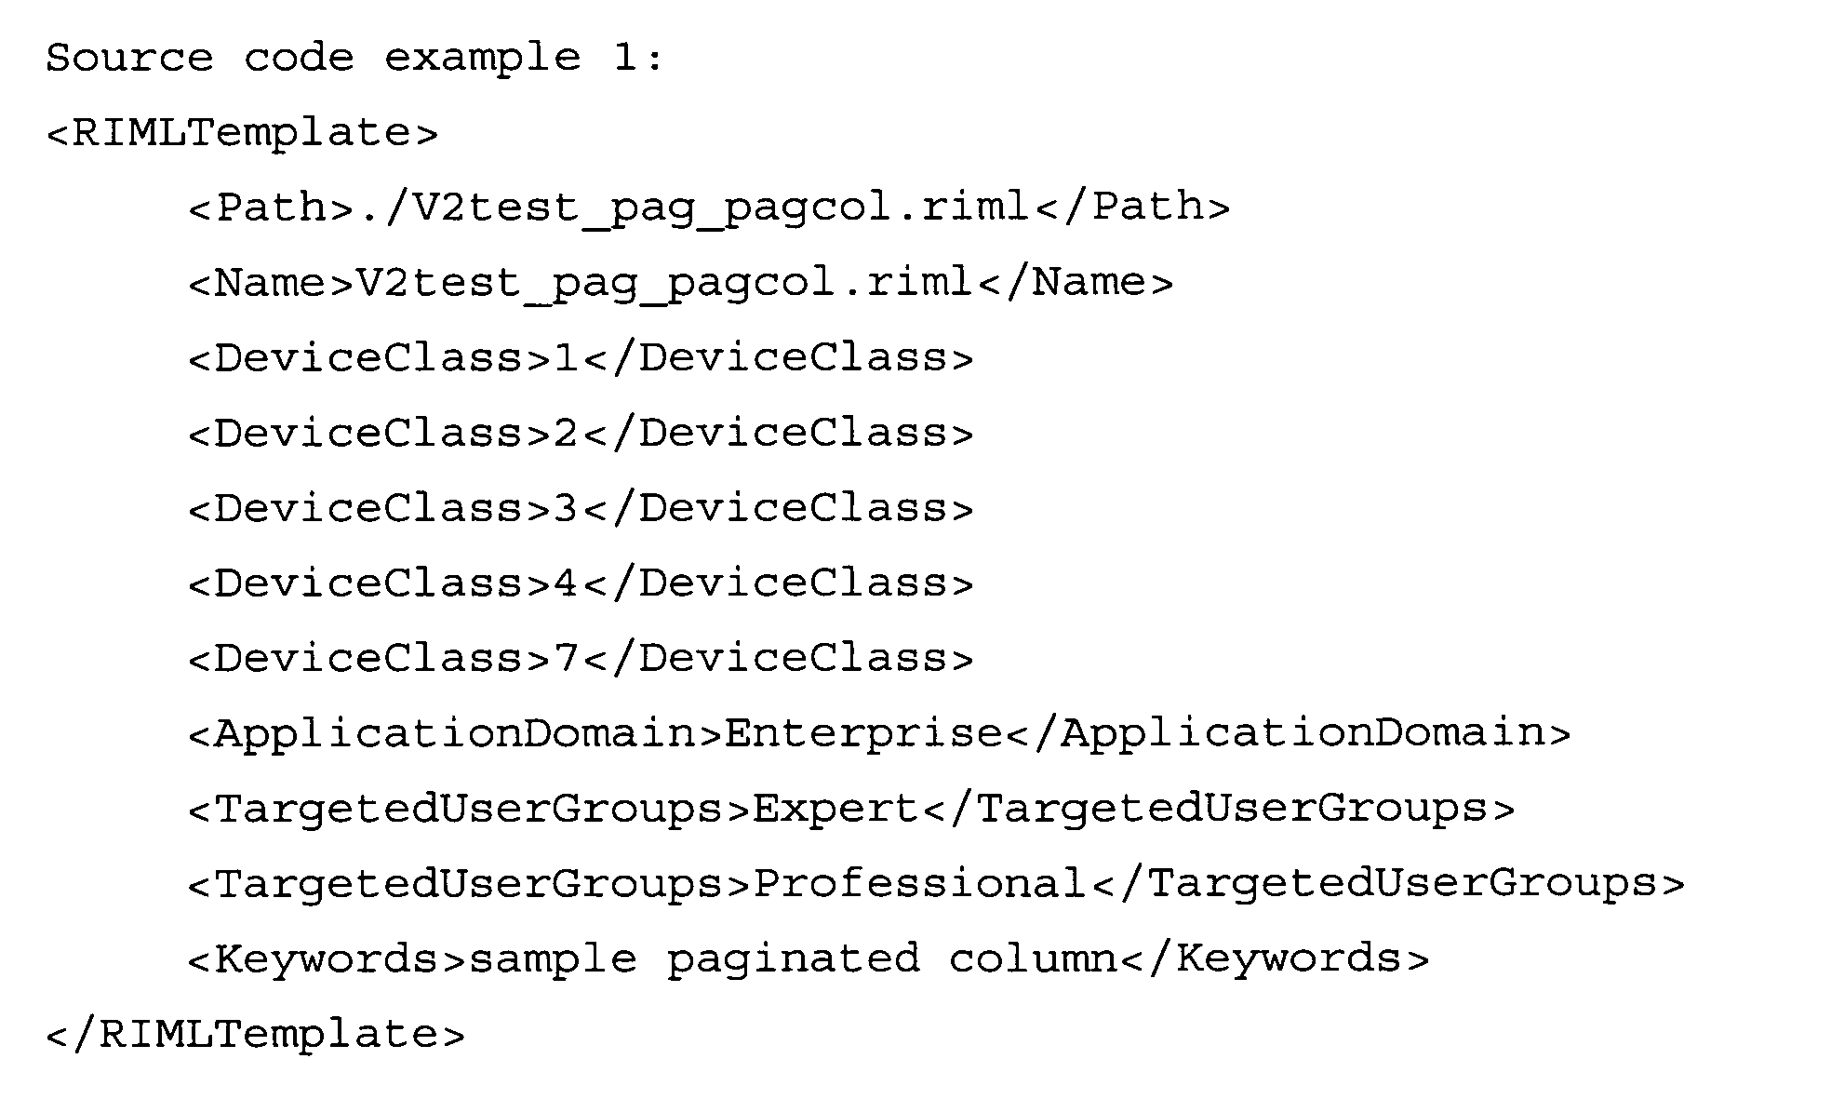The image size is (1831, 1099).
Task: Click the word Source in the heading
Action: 129,59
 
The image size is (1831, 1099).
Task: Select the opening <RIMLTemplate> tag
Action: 242,133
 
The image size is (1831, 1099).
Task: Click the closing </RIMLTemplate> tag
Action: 256,1035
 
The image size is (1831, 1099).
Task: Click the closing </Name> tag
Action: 1076,283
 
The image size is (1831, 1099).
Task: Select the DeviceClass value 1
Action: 567,358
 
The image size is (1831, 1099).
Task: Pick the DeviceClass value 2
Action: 567,434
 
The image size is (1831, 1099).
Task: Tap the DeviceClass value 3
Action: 567,508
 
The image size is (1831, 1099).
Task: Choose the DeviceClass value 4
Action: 567,583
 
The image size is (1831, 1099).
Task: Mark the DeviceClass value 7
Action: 567,659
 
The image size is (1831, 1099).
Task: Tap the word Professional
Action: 919,884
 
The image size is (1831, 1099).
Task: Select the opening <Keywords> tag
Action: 327,959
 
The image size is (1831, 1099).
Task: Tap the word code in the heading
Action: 299,59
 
